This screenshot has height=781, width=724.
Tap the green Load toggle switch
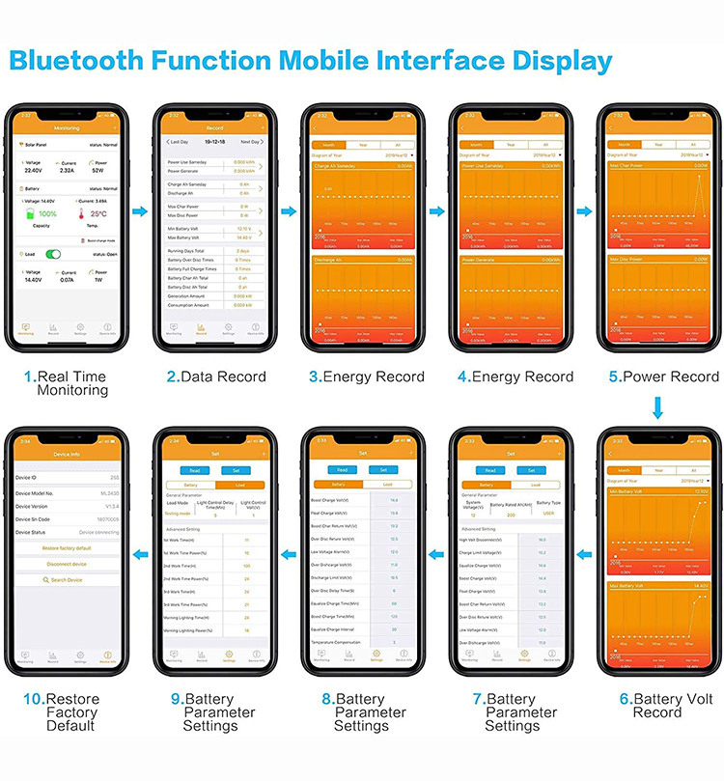[x=54, y=254]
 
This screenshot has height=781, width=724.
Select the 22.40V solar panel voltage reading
[x=32, y=170]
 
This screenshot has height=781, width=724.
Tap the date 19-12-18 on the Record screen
[x=215, y=141]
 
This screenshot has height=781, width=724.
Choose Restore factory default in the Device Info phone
[x=68, y=547]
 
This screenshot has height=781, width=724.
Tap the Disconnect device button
[x=68, y=564]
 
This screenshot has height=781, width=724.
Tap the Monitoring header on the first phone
[x=67, y=127]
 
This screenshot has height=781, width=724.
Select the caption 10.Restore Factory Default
[x=64, y=712]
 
